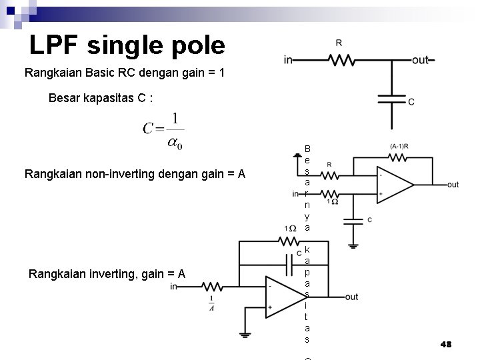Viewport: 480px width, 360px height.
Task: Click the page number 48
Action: click(x=446, y=344)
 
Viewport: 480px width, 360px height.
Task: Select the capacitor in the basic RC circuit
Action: click(x=391, y=100)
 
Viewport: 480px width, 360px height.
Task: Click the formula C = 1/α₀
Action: click(x=163, y=131)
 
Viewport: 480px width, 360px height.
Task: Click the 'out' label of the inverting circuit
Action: click(x=351, y=297)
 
